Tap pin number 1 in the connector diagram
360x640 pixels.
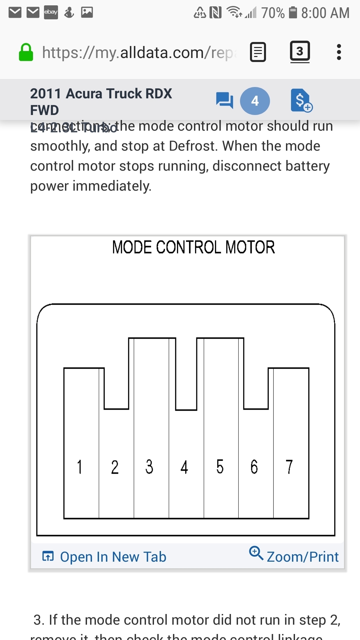coord(80,467)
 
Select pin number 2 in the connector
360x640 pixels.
coord(115,467)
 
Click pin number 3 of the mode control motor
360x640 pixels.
coord(150,467)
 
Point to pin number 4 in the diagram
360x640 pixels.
coord(184,467)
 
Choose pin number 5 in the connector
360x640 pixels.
coord(220,467)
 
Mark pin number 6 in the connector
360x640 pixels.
coord(254,467)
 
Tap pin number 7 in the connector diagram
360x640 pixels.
coord(289,467)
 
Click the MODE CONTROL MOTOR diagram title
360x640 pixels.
coord(193,247)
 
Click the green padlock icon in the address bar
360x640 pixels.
coord(26,53)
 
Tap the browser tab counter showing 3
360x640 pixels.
coord(300,52)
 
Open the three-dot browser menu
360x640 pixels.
coord(339,52)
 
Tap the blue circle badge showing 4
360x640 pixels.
coord(255,101)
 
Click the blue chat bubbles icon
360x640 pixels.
coord(224,100)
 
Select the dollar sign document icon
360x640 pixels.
coord(301,100)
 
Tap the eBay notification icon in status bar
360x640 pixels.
coord(51,12)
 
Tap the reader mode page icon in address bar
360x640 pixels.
coord(258,52)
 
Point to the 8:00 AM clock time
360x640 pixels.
coord(325,13)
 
